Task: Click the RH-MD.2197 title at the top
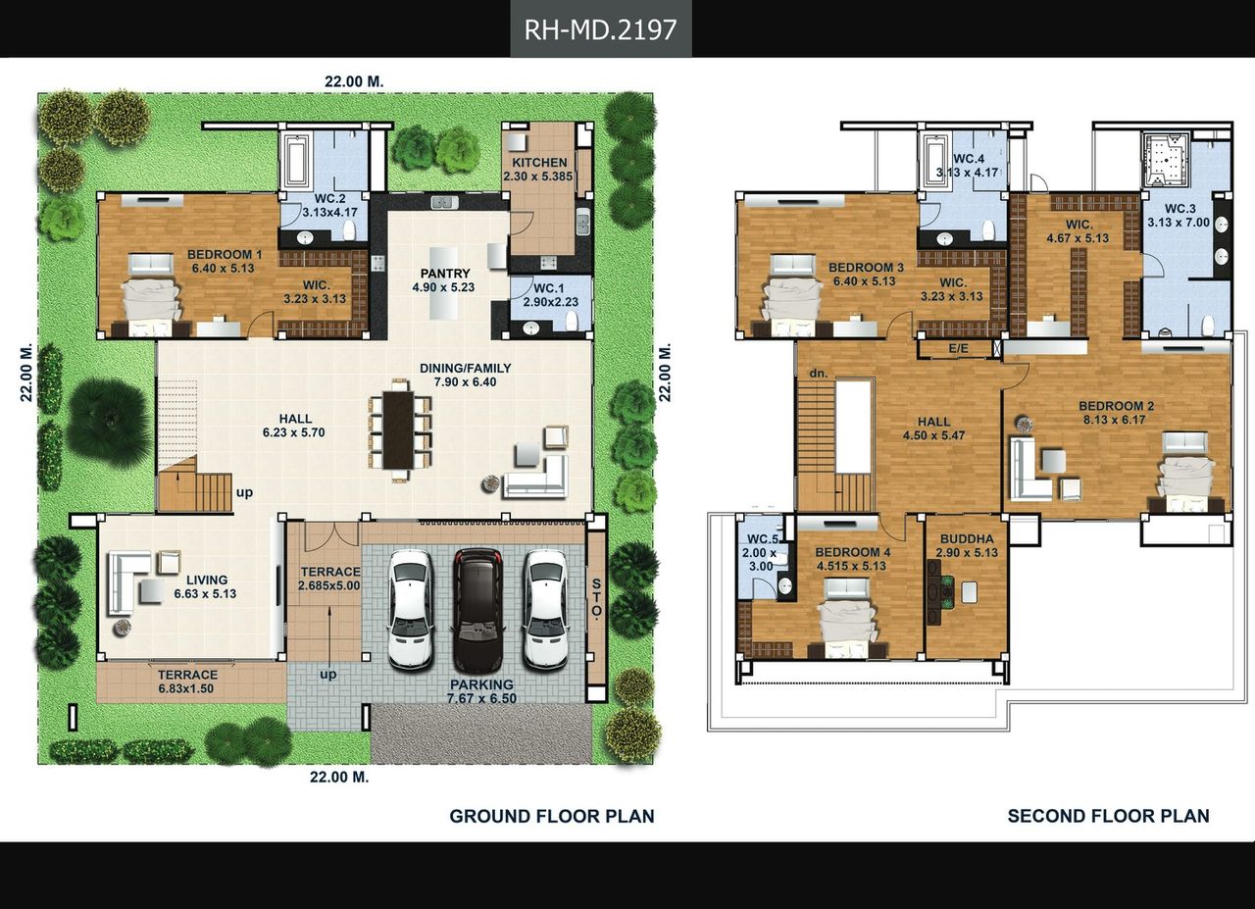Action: click(601, 29)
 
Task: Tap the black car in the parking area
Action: click(477, 610)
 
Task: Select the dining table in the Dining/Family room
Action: click(398, 429)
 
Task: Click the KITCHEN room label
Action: click(539, 163)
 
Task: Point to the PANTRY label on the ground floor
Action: click(445, 274)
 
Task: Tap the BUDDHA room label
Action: click(967, 539)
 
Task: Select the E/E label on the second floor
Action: click(958, 349)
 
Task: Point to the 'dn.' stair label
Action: click(818, 374)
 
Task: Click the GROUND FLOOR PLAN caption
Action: click(552, 817)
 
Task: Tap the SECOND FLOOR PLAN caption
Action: click(1108, 816)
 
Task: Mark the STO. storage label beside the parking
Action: click(597, 598)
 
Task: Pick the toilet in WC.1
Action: click(572, 321)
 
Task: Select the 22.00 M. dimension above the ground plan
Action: click(354, 81)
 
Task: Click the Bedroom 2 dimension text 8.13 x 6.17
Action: click(1115, 420)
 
